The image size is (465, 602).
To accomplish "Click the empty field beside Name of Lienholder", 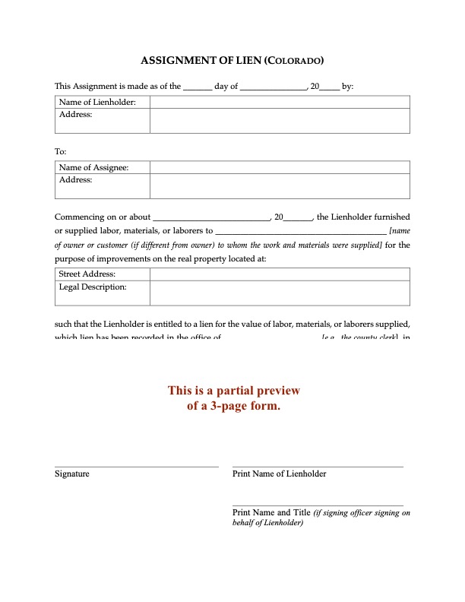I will [x=280, y=103].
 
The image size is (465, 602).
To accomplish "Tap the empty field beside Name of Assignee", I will [x=280, y=167].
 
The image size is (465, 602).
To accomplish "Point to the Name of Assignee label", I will [x=93, y=167].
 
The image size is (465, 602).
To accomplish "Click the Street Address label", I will [x=87, y=274].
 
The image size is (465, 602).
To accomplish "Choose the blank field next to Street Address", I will [x=280, y=274].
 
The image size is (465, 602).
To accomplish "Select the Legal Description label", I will [x=93, y=287].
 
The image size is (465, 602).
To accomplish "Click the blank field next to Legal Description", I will [x=280, y=293].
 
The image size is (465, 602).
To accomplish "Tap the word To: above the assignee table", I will [x=61, y=151].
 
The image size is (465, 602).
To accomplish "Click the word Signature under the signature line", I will [x=72, y=474].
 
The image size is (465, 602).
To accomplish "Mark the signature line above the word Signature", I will [x=137, y=466].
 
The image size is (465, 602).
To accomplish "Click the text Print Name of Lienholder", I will [x=279, y=474].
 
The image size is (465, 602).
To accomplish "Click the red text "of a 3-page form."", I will [x=234, y=406].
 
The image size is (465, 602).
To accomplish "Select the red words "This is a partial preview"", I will [x=234, y=391].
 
